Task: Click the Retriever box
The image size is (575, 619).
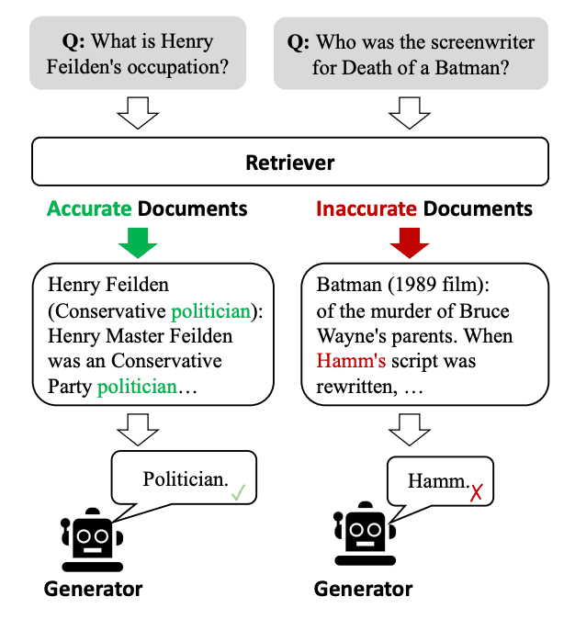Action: [x=289, y=163]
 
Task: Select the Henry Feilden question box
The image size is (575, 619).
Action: [x=138, y=54]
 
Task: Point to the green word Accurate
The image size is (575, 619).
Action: [x=89, y=208]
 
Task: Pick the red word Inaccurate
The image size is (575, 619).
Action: [x=366, y=208]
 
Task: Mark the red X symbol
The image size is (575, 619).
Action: [x=477, y=494]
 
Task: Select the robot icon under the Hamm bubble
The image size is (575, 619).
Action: [x=364, y=538]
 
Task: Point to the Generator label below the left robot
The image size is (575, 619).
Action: [x=93, y=588]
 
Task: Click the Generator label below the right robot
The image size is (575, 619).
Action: [x=364, y=588]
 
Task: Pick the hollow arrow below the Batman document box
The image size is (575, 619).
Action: [x=409, y=425]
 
